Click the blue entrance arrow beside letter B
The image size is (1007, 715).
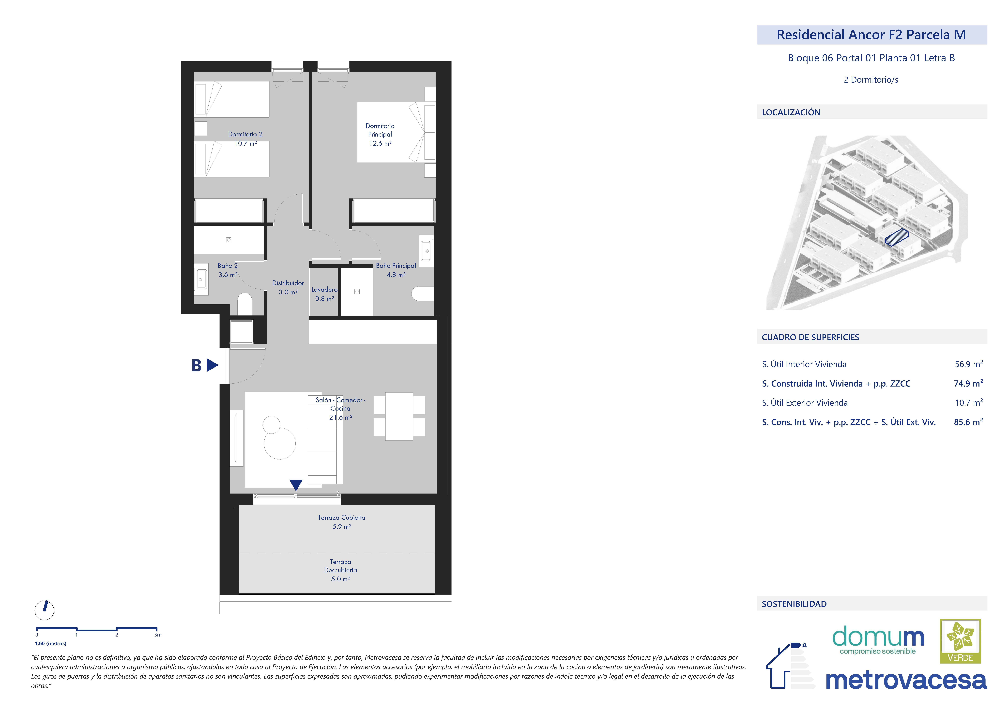tap(213, 365)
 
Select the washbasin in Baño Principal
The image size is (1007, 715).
tap(426, 251)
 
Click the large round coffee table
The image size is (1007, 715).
tap(279, 443)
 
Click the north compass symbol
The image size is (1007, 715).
tap(45, 610)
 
